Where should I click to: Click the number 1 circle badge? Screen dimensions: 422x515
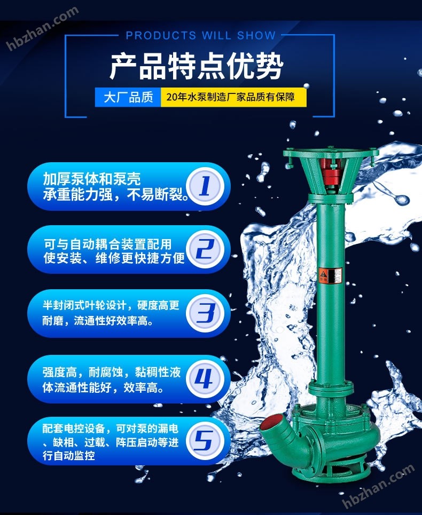(x=205, y=186)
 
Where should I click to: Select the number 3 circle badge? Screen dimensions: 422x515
(x=205, y=313)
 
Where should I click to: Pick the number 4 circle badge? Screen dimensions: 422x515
(x=205, y=379)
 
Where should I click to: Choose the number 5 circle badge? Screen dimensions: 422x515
(x=205, y=441)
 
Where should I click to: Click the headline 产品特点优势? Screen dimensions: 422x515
(x=197, y=66)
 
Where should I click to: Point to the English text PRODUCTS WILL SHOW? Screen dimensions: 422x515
(x=201, y=35)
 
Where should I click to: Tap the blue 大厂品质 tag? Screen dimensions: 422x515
(x=128, y=97)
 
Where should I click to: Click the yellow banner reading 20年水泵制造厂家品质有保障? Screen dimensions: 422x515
(x=233, y=97)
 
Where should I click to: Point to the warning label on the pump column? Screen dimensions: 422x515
(x=330, y=275)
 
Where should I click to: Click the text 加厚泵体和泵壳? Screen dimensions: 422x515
(x=92, y=179)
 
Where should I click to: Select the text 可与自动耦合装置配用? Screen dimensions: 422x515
(x=107, y=244)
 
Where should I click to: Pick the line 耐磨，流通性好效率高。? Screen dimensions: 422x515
(x=98, y=321)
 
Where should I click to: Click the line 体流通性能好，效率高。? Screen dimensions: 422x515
(x=103, y=387)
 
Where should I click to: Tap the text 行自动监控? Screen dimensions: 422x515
(x=69, y=456)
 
